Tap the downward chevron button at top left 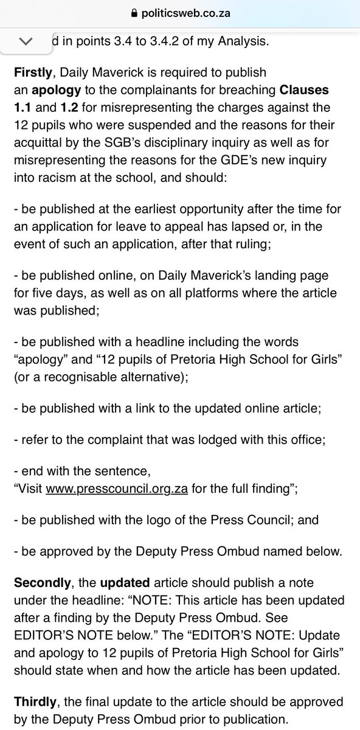26,41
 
